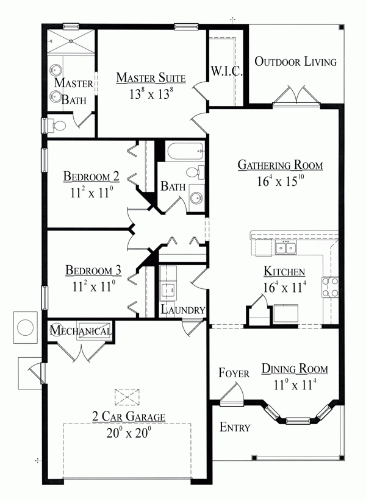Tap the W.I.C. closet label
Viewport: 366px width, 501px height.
click(227, 71)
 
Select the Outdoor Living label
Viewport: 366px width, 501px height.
click(296, 62)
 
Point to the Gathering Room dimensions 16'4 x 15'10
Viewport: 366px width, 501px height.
click(280, 182)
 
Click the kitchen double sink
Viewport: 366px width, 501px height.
click(285, 247)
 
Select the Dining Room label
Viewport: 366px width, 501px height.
click(295, 369)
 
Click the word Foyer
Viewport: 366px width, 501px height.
click(234, 373)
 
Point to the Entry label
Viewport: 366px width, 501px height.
click(234, 427)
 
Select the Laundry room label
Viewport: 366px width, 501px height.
click(183, 310)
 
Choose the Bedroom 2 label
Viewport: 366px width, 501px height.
click(91, 177)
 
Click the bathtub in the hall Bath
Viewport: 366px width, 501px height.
click(181, 151)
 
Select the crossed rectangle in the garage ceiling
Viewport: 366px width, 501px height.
click(127, 396)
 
